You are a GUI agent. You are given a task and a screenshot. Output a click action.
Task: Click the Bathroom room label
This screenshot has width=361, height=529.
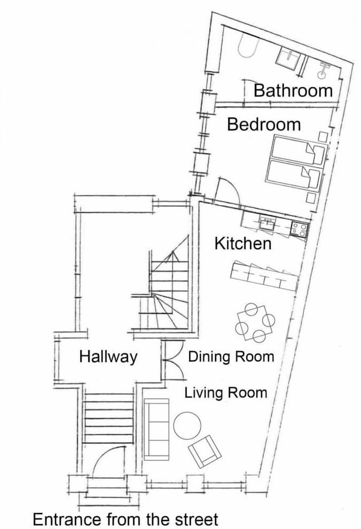coord(293,90)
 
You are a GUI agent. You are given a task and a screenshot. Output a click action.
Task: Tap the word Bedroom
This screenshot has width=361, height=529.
coord(264,124)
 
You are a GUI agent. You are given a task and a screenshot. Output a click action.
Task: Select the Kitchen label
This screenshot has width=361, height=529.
coord(243,243)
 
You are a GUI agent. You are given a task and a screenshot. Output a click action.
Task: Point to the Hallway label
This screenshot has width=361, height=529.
coord(108,357)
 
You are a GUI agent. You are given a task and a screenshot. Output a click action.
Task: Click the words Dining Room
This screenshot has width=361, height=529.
coord(231,357)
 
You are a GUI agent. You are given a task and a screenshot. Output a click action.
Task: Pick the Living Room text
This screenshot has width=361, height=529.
coord(226,393)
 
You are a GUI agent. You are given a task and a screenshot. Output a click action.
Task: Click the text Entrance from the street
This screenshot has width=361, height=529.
coord(125,519)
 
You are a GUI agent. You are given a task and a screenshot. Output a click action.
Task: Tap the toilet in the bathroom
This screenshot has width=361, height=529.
coord(324,71)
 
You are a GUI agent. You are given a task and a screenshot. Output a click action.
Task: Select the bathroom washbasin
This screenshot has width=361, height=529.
coord(288,59)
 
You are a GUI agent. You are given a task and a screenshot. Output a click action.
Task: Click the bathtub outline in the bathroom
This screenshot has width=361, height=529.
coord(248,48)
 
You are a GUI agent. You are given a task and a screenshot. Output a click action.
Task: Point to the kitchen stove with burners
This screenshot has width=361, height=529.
coord(299,230)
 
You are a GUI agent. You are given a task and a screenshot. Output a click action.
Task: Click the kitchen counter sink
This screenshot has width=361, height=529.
coord(267,224)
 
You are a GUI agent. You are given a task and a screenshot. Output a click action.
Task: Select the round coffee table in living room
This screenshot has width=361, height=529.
coord(188,425)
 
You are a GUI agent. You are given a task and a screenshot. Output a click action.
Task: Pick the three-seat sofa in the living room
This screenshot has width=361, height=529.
coord(156,429)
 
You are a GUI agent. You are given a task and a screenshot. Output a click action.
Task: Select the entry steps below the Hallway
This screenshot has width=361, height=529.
coord(108,418)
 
